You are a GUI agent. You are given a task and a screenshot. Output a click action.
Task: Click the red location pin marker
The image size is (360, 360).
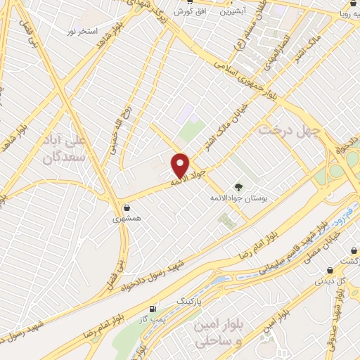180,165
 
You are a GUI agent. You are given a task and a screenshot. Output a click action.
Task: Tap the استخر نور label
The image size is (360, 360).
81,32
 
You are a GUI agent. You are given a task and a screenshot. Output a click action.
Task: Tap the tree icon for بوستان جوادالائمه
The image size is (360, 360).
238,186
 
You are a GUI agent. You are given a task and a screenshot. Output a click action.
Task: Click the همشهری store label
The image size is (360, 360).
127,219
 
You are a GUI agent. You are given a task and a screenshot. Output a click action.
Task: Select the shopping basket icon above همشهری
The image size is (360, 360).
127,208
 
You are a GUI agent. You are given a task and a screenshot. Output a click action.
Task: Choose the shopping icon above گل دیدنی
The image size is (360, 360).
330,271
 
